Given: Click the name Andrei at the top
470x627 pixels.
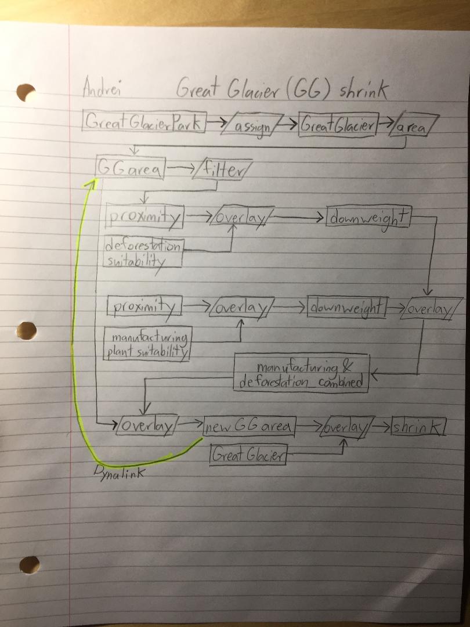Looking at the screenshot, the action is point(102,87).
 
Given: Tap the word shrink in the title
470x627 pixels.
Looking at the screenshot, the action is point(363,89).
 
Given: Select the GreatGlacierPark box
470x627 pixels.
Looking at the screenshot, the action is point(144,121).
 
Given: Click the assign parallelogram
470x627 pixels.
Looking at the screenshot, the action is point(251,125).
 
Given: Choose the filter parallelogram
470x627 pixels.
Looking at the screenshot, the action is point(222,170).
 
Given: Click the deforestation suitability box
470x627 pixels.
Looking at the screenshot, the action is point(143,251).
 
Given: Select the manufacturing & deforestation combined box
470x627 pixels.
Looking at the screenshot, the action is point(301,373).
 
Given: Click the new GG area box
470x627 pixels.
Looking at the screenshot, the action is point(250,426).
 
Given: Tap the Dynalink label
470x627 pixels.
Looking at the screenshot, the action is point(119,473).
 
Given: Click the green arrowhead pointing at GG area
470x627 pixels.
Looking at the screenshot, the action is point(91,183).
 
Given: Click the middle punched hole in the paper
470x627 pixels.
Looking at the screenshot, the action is point(26,331).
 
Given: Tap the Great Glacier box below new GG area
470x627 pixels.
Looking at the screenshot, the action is point(248,455).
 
